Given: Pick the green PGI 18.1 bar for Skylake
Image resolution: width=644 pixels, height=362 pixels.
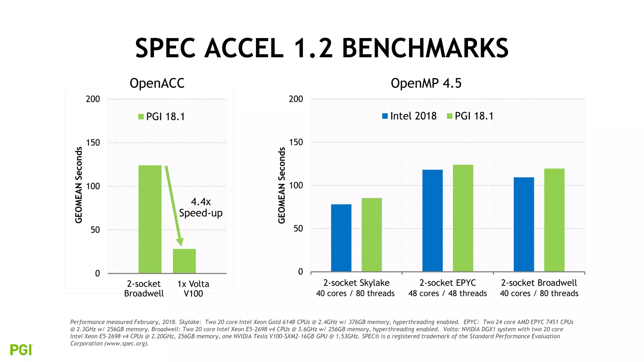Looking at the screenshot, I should (372, 235).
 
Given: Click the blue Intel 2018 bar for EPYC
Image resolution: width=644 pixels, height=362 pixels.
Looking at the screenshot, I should (432, 221).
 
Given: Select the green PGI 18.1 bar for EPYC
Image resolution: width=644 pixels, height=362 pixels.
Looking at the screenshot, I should (463, 218).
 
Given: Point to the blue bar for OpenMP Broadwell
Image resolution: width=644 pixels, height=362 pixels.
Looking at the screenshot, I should (524, 224).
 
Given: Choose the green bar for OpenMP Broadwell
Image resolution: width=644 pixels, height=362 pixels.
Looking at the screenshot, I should (554, 220).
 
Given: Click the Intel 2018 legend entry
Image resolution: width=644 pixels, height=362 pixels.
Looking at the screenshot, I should (409, 116).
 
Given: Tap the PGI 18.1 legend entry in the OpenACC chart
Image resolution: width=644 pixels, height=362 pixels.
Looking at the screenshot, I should (162, 117).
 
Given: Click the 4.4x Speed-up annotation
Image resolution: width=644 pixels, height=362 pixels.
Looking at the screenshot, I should (201, 207).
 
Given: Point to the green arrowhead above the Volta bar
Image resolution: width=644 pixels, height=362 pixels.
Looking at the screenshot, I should (180, 242).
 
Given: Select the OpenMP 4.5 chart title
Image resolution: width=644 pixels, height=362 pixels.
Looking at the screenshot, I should (426, 83).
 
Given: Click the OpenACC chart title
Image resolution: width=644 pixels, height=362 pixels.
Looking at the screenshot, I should (157, 83).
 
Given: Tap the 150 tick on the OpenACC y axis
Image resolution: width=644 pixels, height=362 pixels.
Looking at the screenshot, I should (93, 143).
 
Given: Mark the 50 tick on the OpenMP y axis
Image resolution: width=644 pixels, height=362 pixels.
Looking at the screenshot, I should (298, 228).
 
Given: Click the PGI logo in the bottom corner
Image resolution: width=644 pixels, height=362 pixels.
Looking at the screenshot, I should (21, 350).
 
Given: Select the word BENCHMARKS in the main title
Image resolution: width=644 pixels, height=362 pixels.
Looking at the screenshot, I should (425, 48).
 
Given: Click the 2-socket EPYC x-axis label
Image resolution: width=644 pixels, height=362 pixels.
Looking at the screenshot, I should (447, 283).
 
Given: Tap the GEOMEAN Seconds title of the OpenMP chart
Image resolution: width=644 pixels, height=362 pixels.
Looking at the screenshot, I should (281, 185).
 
